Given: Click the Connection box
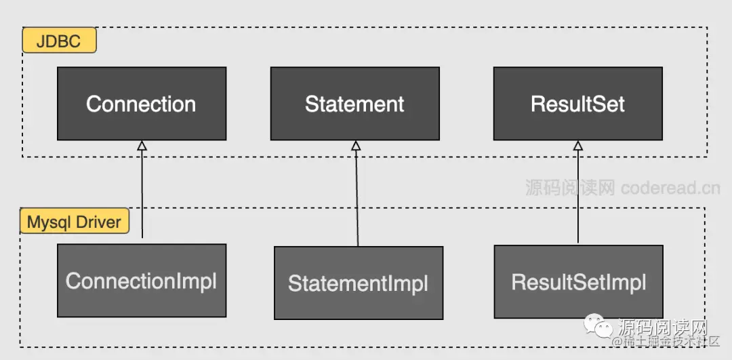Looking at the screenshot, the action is click(141, 104).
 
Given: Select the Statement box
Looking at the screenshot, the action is click(354, 104).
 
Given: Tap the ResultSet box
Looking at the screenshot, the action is click(577, 104).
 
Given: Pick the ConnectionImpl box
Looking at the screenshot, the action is click(141, 281).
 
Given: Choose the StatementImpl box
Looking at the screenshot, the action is click(358, 283).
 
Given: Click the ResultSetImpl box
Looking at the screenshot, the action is click(578, 282).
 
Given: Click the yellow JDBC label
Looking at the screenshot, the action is click(60, 41).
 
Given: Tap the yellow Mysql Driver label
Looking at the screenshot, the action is click(74, 222).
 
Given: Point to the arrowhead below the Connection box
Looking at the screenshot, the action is click(142, 145).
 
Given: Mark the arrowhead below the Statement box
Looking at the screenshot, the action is click(356, 145).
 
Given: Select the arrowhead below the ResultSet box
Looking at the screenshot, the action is click(578, 145).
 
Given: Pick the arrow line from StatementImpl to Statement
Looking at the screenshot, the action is click(357, 197).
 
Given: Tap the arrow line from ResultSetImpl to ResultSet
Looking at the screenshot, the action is click(578, 197).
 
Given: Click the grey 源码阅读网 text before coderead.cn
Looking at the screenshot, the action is click(570, 187).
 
